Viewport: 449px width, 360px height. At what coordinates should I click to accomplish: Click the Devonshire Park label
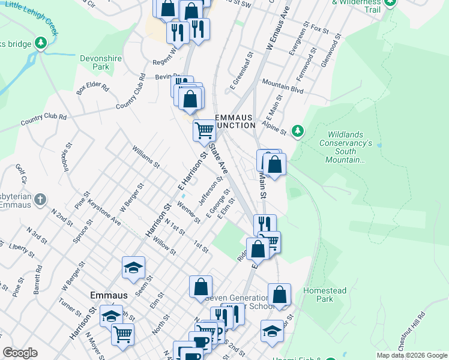pos(95,62)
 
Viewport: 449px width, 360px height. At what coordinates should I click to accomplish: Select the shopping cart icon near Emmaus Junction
pos(204,130)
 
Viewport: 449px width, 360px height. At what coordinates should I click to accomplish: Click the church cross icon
pos(40,199)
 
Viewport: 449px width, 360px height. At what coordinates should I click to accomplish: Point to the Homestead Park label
pos(325,295)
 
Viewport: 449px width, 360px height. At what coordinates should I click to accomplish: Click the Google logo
pos(20,353)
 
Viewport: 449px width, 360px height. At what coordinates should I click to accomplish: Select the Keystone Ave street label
pos(104,213)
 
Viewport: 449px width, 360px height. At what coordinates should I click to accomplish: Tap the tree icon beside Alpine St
pos(297,130)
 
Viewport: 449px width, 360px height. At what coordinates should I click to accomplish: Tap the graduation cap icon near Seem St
pos(133,268)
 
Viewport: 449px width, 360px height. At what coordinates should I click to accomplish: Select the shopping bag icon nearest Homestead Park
pos(279,295)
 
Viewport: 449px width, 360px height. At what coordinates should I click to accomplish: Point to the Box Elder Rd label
pos(92,88)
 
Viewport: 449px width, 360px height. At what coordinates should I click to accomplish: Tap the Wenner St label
pos(188,212)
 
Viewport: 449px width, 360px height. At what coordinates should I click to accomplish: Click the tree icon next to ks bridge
pos(40,43)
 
